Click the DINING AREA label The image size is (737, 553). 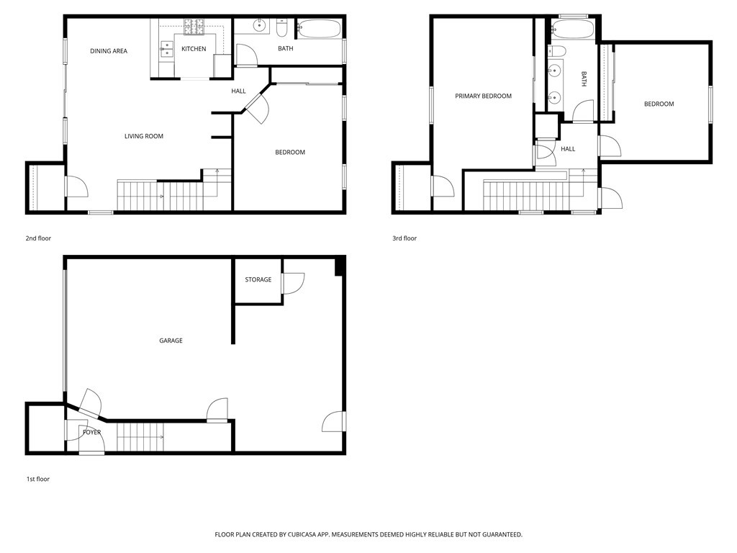pos(109,51)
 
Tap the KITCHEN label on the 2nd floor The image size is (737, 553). pos(194,49)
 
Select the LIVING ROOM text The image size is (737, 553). pos(144,136)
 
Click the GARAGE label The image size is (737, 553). pos(171,341)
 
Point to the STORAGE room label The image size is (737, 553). pos(258,279)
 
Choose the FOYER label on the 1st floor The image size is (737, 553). pos(91,432)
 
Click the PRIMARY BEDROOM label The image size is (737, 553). pos(483,96)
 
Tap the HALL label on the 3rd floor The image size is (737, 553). pos(568,149)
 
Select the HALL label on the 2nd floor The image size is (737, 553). pos(238,91)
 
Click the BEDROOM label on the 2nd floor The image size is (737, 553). pos(290,152)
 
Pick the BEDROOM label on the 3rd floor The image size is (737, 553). pos(659,104)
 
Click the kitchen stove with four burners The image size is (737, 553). pos(194,27)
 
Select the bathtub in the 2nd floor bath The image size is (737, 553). pos(320,29)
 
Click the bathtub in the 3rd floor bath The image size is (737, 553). pos(572,30)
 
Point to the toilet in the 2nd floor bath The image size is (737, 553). pos(281,28)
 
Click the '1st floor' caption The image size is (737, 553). pos(37,479)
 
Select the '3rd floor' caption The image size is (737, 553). pos(404,238)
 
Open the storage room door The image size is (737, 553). pos(293,284)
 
